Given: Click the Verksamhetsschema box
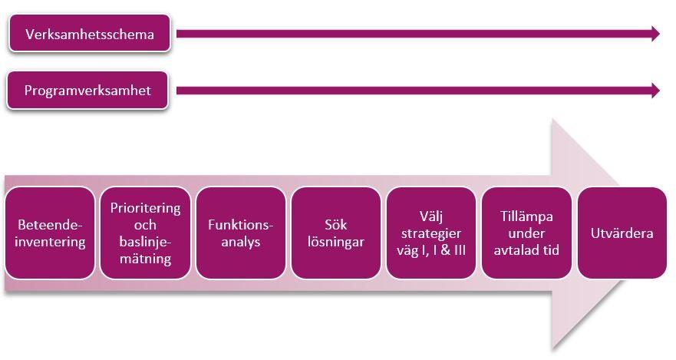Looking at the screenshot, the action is pos(89,34).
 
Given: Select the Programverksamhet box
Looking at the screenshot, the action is pos(87,91).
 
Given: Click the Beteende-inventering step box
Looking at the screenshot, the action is pos(50,233).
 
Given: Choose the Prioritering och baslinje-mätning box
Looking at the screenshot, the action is pos(145,233).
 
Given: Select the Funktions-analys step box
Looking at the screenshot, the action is pos(240,233).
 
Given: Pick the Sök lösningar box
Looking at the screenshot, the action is pos(335,233).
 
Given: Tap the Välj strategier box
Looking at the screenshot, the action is pos(431,233).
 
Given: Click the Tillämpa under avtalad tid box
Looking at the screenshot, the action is pos(526,233).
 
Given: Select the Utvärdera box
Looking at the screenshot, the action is pos(622,233).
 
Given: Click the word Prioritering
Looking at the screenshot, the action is pos(145,208).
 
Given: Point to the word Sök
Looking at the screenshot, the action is pos(335,225).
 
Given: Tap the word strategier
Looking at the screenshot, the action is pos(431,233).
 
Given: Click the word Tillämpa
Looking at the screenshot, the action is pos(526,216).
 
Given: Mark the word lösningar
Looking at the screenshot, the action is pos(335,243).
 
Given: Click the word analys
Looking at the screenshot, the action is pos(240,243).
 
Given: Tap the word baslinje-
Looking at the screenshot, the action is pos(145,243).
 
